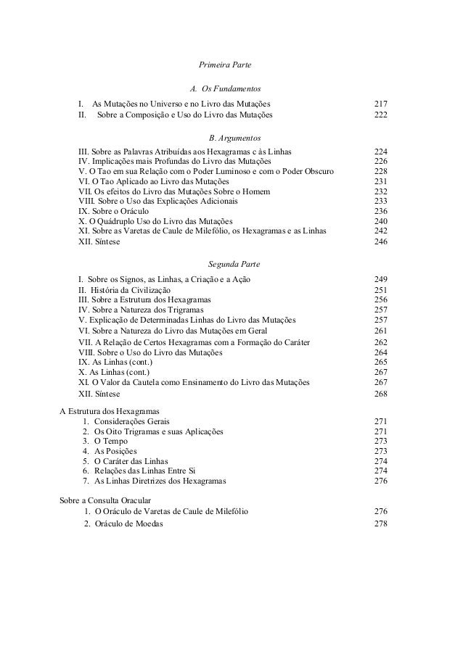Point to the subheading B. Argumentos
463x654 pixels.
[x=229, y=137]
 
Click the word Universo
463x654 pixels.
[x=166, y=104]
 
